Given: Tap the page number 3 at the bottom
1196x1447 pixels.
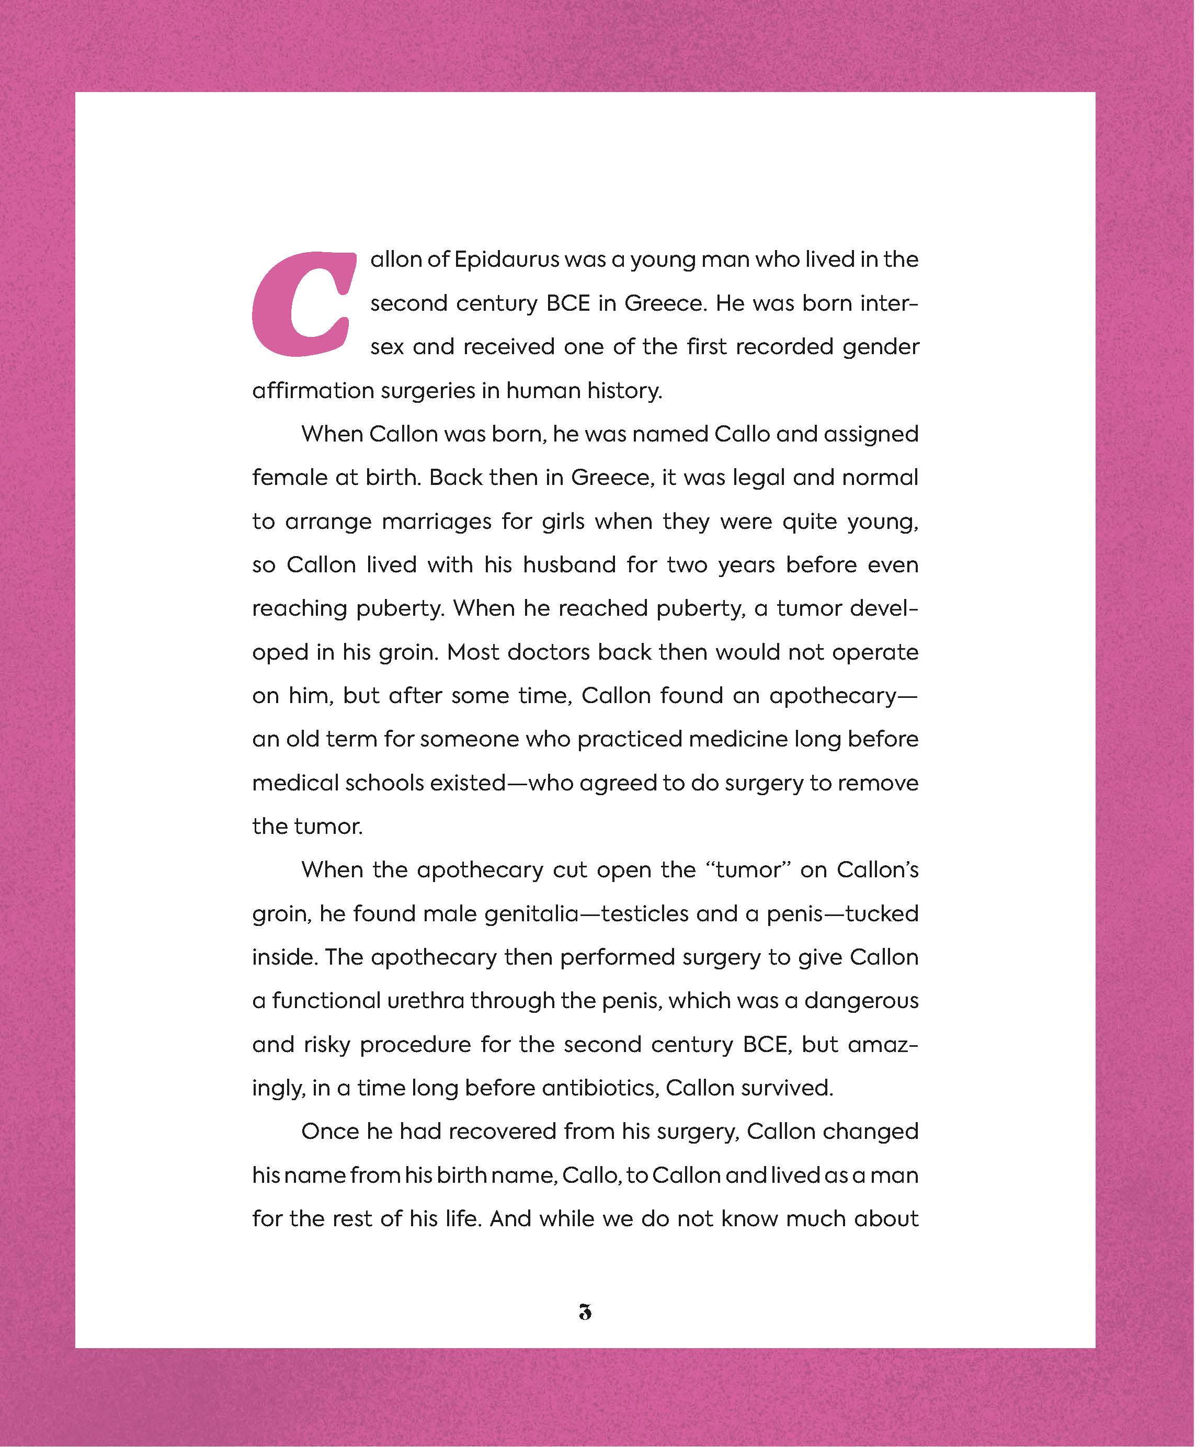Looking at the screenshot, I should coord(585,1312).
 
